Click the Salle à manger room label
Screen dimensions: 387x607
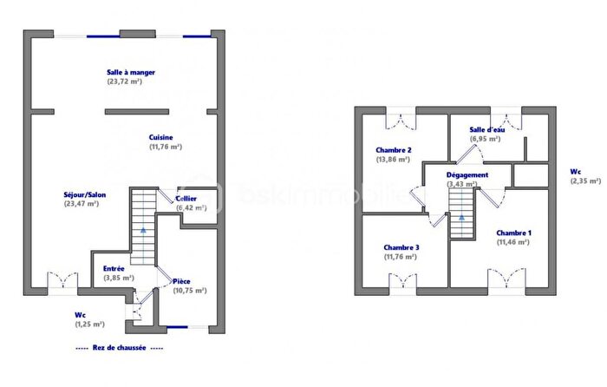tap(131, 73)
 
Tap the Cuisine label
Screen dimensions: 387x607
tap(161, 138)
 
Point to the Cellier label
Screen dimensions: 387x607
tap(186, 199)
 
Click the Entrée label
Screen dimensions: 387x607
tap(114, 269)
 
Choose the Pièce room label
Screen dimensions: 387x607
tap(182, 281)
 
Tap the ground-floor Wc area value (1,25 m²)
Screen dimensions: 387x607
tap(89, 324)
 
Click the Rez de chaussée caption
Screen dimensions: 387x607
tap(119, 347)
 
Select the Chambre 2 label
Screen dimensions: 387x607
tap(393, 150)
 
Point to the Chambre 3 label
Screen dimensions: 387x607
tap(401, 246)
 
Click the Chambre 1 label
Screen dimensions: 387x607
tap(514, 233)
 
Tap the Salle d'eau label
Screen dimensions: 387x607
tap(486, 129)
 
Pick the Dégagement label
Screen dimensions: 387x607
tap(467, 174)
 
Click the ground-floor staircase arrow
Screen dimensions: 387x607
tap(143, 231)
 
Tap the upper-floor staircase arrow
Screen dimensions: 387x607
tap(461, 217)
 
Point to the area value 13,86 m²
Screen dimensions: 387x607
tap(393, 160)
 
